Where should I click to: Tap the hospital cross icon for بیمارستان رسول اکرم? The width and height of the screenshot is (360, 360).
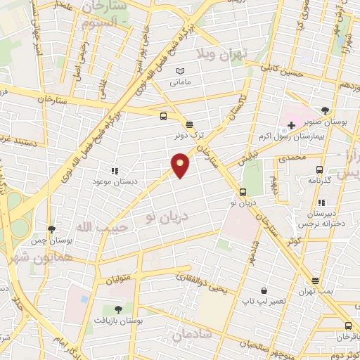291,124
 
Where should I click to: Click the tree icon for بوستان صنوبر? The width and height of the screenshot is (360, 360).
325,110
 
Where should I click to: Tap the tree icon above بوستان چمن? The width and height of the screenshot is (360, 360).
51,229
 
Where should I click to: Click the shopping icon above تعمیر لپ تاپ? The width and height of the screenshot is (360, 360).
264,290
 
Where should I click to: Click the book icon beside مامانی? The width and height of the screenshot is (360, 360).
180,72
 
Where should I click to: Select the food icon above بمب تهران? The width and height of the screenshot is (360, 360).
314,281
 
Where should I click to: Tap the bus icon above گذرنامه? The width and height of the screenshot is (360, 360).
320,169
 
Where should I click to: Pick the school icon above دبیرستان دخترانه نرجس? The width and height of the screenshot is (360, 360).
321,201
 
